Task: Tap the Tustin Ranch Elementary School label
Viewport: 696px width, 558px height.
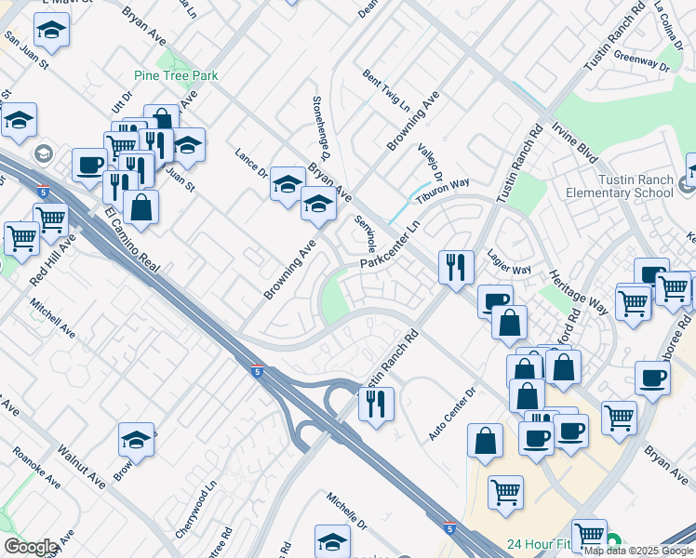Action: (x=619, y=186)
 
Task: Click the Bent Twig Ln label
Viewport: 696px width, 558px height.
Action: (x=386, y=90)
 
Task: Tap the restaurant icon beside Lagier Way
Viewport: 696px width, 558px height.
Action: (x=455, y=267)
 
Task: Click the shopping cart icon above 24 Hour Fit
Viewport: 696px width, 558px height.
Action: (x=505, y=493)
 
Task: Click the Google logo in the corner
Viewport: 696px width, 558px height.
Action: (x=31, y=547)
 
